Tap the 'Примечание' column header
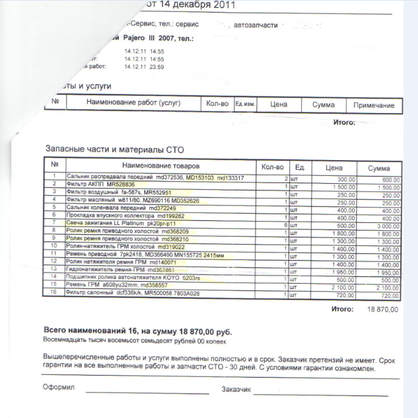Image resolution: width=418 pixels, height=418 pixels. click(374, 105)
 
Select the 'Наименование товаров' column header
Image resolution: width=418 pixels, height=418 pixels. click(160, 166)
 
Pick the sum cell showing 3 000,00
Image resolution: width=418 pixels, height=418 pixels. click(386, 226)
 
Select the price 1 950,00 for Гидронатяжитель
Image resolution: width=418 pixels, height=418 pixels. click(343, 271)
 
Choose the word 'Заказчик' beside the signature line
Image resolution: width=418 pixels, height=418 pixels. click(236, 389)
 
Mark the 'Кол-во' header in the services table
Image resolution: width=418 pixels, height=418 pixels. click(217, 104)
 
